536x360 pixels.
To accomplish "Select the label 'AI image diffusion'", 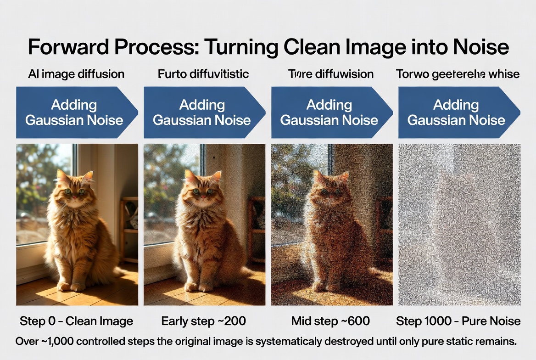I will [x=77, y=74].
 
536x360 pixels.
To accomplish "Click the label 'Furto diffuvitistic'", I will [x=203, y=74].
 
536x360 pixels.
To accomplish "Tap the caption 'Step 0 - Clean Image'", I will [x=76, y=321].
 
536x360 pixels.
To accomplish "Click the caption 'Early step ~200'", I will [x=203, y=321].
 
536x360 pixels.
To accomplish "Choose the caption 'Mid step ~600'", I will [x=330, y=321].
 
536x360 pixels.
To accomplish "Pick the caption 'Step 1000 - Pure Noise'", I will [x=458, y=321].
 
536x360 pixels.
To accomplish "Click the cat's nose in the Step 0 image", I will [x=74, y=196].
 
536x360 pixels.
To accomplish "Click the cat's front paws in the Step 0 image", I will [x=71, y=286].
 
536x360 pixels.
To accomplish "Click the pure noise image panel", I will [x=459, y=225].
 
